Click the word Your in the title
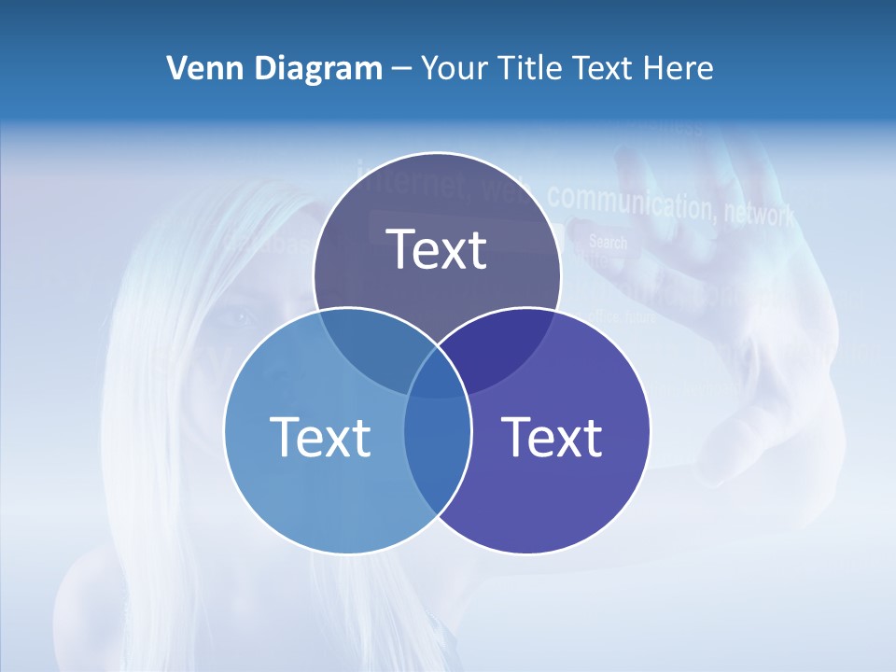(455, 68)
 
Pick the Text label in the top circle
(437, 249)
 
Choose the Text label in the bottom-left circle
(320, 437)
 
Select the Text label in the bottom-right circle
(552, 437)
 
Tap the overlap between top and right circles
(504, 350)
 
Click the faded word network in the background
(759, 214)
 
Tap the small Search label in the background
(608, 243)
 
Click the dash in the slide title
(402, 68)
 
